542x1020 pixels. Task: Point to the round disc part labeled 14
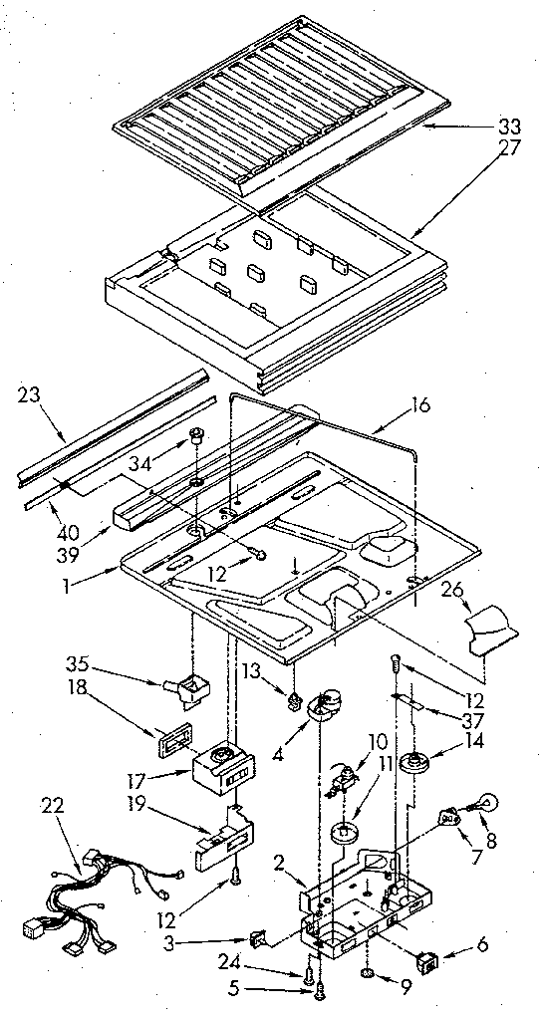411,767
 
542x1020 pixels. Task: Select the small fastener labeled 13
293,704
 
